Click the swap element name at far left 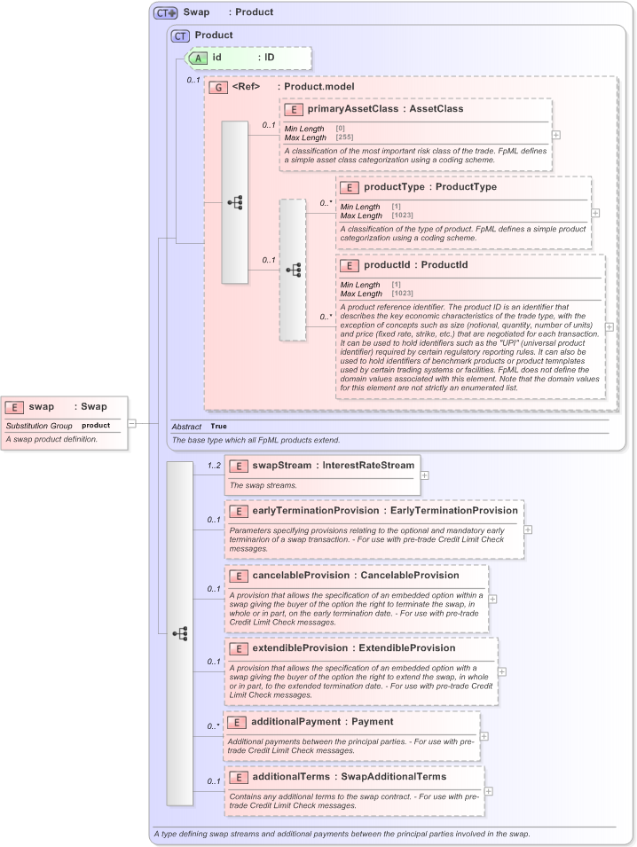(41, 407)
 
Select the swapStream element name (279, 466)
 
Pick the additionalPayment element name (295, 722)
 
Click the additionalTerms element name (289, 777)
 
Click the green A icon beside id (201, 57)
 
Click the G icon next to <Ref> (217, 87)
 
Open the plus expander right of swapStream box (425, 475)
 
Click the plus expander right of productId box (609, 326)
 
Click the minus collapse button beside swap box (131, 423)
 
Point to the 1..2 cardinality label (214, 465)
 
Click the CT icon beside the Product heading (180, 35)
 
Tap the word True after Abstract (218, 427)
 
